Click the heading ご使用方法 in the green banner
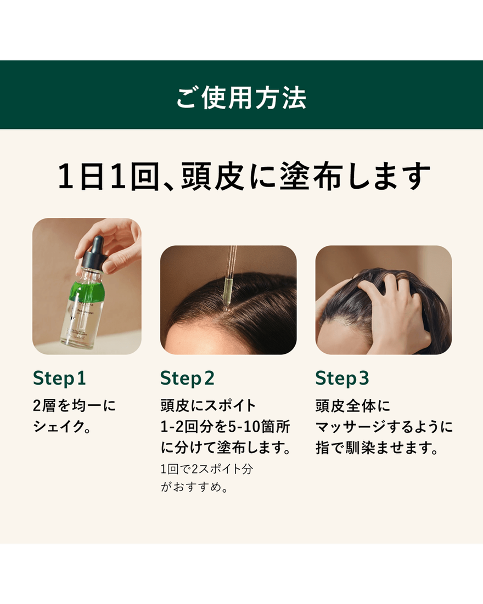click(241, 98)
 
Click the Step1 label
click(59, 378)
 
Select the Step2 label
click(187, 378)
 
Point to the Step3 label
click(342, 378)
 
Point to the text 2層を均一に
click(75, 406)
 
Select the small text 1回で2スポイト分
click(206, 470)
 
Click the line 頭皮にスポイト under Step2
click(208, 406)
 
